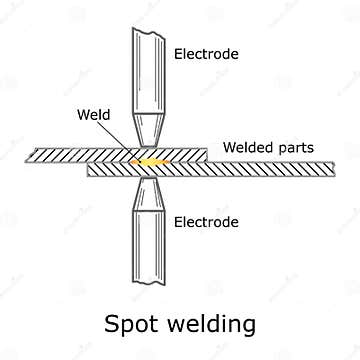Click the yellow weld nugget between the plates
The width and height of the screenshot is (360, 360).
[150, 160]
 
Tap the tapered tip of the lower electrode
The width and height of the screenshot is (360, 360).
[149, 193]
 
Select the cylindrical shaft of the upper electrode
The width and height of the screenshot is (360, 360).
[149, 70]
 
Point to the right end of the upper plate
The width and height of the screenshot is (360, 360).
[204, 155]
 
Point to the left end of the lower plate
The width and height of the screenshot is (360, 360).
[92, 170]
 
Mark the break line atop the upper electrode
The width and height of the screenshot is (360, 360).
[149, 30]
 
